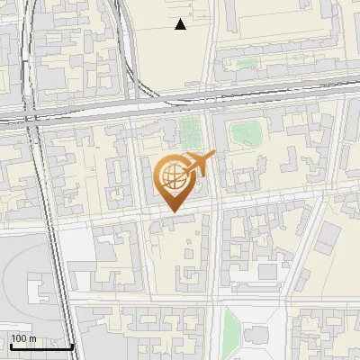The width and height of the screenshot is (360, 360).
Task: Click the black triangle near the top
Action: tap(181, 24)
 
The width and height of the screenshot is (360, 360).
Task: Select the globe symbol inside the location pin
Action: tap(173, 176)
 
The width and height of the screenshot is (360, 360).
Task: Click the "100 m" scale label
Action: tap(24, 338)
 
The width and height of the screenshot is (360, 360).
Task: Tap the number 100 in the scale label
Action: tap(20, 338)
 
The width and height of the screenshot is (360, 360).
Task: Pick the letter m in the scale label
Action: tap(33, 338)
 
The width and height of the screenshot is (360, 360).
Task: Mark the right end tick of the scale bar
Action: tap(72, 345)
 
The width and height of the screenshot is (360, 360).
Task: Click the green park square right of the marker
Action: tap(244, 134)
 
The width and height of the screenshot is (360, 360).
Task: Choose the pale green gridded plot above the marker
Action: tap(190, 131)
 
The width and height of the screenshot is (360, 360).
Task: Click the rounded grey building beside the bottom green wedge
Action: tap(256, 334)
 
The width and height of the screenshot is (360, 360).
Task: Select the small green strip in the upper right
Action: tap(245, 64)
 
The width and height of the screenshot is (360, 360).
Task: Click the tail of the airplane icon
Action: tap(186, 167)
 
